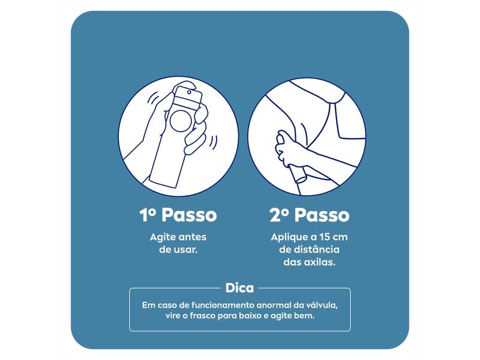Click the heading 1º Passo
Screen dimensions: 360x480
click(x=178, y=215)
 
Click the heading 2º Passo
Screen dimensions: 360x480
click(x=307, y=215)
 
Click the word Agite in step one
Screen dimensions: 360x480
click(x=163, y=237)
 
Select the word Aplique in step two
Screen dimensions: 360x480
click(x=285, y=237)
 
